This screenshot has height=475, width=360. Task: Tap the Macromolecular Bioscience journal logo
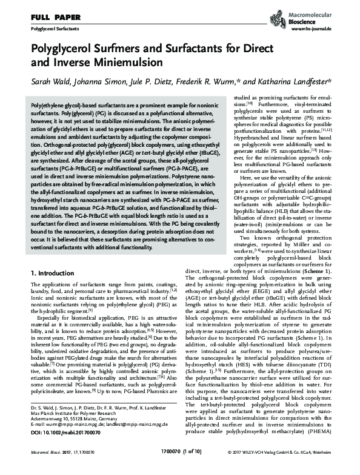coord(324,13)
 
